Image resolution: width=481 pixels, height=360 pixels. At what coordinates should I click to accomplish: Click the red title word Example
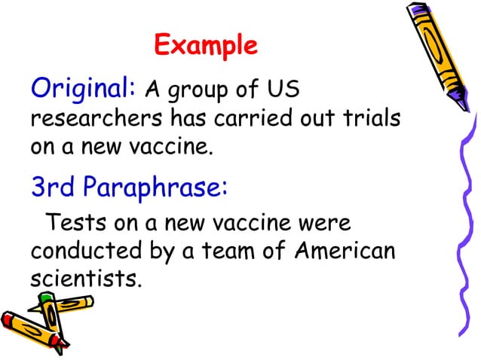205,46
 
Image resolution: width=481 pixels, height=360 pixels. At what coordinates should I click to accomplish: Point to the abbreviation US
283,92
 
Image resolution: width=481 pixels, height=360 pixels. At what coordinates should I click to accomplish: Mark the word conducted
87,251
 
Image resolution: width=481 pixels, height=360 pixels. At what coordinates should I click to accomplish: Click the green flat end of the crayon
47,299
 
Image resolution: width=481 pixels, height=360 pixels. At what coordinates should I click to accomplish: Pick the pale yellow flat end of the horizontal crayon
90,301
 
